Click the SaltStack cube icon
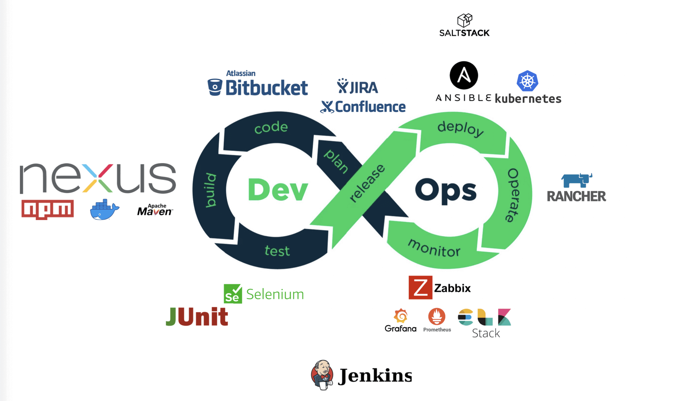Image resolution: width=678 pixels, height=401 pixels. click(465, 20)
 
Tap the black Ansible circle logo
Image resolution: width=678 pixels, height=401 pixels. click(464, 75)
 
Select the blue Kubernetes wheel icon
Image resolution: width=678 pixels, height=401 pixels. click(527, 81)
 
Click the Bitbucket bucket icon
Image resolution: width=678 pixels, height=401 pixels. click(215, 87)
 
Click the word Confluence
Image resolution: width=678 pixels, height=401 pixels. click(370, 107)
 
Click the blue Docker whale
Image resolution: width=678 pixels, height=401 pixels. click(104, 210)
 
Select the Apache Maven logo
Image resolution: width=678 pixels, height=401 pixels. click(155, 210)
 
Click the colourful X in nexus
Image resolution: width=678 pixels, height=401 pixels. click(97, 178)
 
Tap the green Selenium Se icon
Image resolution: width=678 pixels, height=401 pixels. click(233, 294)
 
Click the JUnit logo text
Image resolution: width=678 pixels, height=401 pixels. click(197, 316)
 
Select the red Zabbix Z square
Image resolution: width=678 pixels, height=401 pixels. click(420, 288)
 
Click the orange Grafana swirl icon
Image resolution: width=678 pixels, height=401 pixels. click(401, 316)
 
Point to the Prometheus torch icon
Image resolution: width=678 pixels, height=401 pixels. click(436, 316)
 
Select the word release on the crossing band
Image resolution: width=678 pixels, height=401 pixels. click(367, 183)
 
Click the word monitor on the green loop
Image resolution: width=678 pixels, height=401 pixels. click(434, 248)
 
